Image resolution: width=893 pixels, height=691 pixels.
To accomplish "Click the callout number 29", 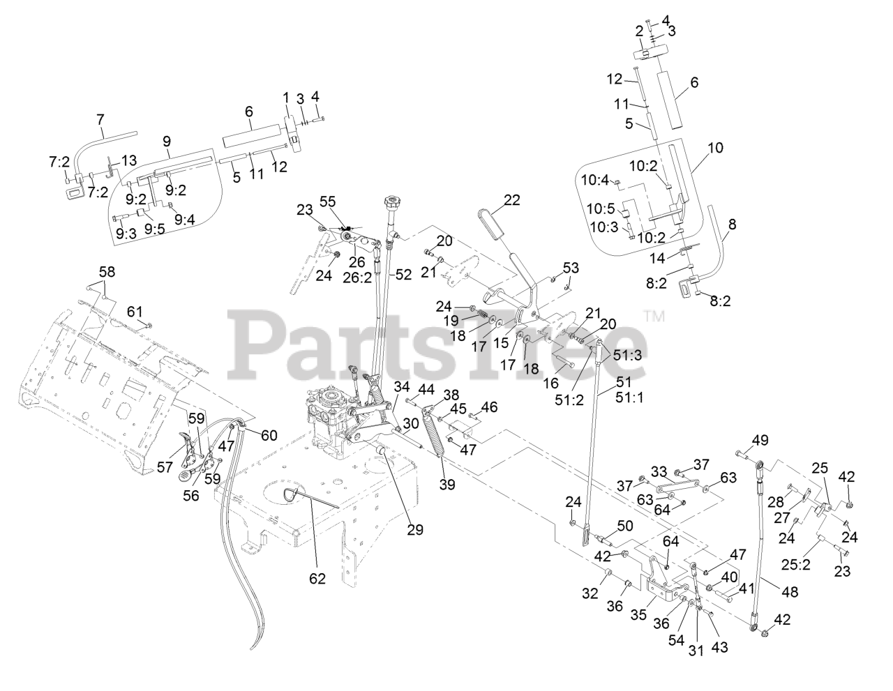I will [x=416, y=530].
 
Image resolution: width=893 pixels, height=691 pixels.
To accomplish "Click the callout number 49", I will [x=760, y=440].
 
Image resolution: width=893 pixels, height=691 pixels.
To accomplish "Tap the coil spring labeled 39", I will [x=443, y=441].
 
